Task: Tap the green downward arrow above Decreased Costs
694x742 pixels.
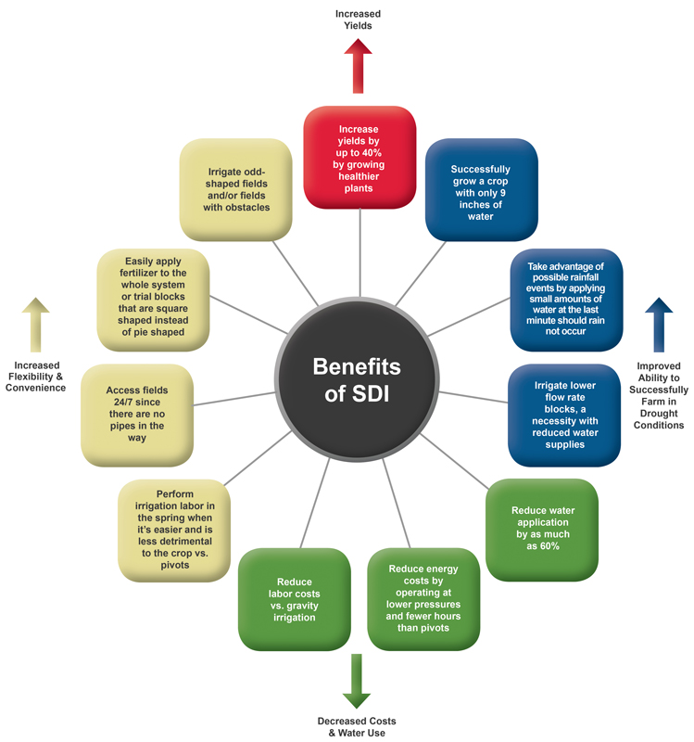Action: [356, 681]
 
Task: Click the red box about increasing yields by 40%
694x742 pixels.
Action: [360, 159]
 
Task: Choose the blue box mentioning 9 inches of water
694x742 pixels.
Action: [481, 190]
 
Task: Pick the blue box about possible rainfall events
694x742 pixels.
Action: [565, 299]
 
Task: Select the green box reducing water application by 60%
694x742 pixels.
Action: [542, 529]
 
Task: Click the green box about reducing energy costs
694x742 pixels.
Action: [424, 599]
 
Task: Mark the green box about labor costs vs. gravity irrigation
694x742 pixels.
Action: [294, 599]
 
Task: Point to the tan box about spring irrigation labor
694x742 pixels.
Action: [174, 529]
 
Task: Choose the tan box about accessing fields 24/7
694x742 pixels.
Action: [138, 414]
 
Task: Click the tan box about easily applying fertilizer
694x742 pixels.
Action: [154, 299]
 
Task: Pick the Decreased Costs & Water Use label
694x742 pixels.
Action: [356, 725]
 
